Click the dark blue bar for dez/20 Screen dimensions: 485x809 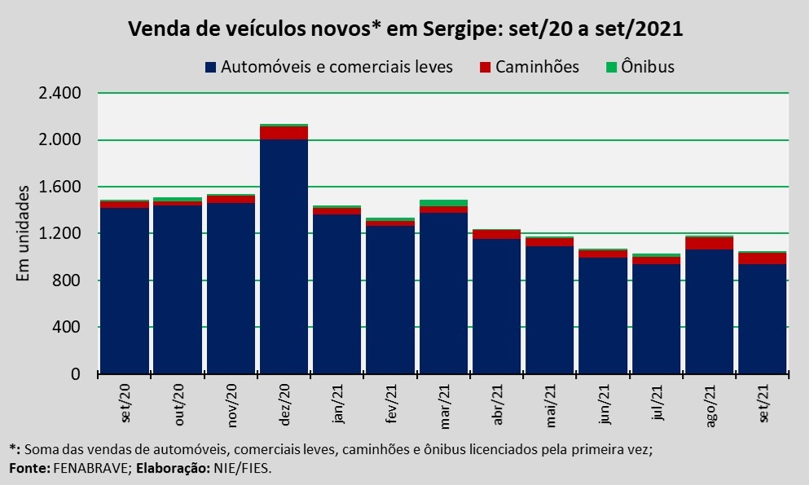(284, 257)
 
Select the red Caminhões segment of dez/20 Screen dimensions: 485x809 (284, 133)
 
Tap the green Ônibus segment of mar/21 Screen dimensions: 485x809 (443, 203)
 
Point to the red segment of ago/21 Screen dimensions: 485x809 (709, 243)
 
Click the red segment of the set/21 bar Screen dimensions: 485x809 (762, 258)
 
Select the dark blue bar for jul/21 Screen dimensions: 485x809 (656, 319)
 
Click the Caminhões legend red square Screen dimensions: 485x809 (486, 67)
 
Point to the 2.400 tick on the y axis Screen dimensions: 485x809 (59, 93)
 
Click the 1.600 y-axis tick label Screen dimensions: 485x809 (59, 187)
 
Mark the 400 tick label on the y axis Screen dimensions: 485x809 (68, 328)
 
